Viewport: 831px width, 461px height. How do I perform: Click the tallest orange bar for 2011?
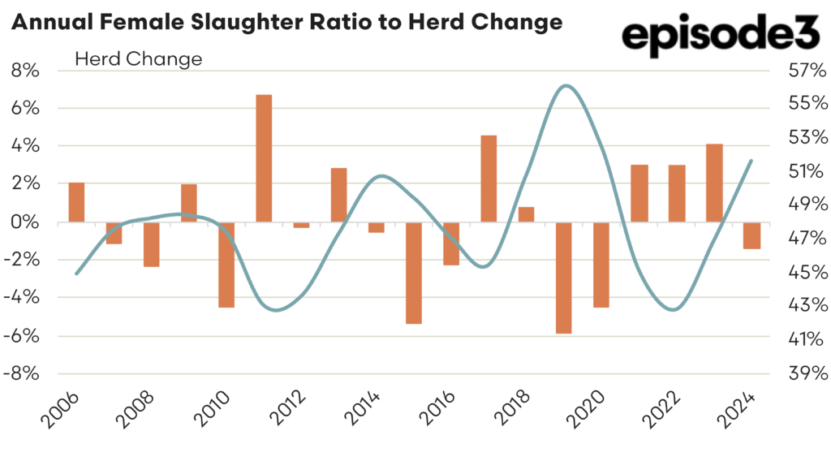(x=264, y=158)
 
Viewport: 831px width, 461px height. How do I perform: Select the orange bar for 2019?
(x=564, y=278)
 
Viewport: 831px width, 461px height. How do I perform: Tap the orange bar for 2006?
(x=76, y=202)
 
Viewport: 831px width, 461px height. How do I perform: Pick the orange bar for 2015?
(x=414, y=273)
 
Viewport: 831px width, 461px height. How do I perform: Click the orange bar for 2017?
(x=489, y=179)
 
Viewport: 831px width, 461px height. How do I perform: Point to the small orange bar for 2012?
(x=301, y=225)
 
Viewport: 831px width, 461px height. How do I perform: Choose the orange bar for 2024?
(x=751, y=235)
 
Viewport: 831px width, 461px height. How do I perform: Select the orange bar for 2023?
(x=714, y=183)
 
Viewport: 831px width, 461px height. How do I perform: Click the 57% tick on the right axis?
(x=806, y=71)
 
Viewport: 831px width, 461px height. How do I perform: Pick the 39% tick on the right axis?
(x=806, y=373)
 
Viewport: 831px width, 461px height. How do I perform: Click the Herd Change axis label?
(x=138, y=59)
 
